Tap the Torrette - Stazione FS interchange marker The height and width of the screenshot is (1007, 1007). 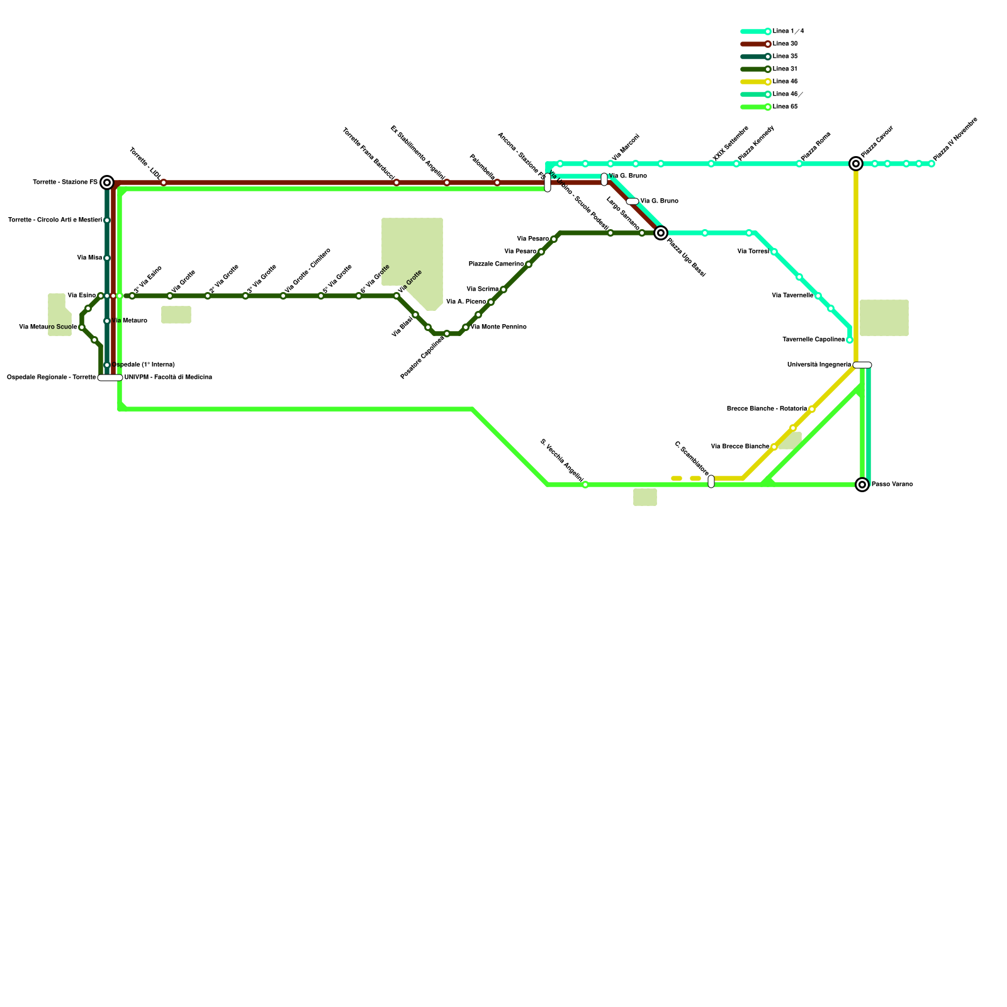[x=107, y=183]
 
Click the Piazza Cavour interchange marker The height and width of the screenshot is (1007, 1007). [x=856, y=164]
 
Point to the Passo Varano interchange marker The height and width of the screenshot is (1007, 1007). [x=862, y=485]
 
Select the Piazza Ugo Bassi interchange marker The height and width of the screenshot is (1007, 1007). [x=661, y=233]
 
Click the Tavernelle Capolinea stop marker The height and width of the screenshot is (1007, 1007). [x=850, y=340]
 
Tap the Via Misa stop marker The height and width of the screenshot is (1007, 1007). [x=107, y=258]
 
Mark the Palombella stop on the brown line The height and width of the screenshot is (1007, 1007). [x=497, y=183]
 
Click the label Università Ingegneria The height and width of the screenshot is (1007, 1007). [x=819, y=365]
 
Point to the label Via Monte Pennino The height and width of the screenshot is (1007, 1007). [x=498, y=327]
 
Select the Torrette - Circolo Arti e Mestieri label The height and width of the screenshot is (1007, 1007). [x=55, y=220]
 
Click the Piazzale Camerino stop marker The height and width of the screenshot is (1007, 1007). [x=529, y=264]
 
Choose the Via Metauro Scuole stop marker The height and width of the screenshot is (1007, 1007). [x=82, y=327]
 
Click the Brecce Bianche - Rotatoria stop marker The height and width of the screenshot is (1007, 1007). [x=812, y=409]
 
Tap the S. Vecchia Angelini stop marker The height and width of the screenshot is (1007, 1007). [x=585, y=485]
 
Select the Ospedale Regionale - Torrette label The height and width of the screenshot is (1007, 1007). [x=51, y=378]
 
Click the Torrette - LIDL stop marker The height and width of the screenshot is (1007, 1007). [x=164, y=183]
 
